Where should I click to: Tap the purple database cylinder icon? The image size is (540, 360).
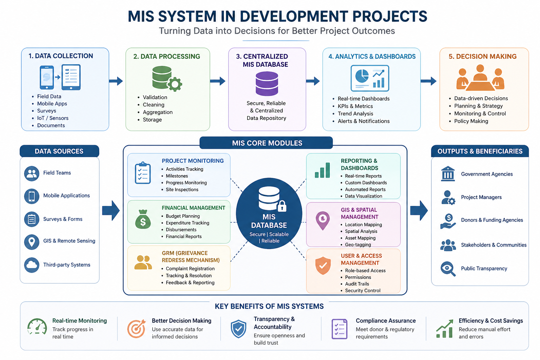[x=267, y=84]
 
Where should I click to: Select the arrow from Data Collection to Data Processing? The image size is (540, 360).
[x=116, y=81]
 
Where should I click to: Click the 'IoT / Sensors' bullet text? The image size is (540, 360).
[x=53, y=118]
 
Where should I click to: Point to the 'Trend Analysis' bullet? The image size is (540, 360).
[x=355, y=114]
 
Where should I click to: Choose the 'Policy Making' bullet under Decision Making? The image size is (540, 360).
[x=471, y=121]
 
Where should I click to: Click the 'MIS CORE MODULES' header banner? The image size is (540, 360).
[x=266, y=143]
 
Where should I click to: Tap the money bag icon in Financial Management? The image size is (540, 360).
[x=143, y=219]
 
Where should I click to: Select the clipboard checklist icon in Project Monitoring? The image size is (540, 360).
[x=143, y=173]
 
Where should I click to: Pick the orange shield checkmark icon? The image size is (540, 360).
[x=323, y=265]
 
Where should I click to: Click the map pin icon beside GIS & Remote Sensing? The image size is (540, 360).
[x=32, y=242]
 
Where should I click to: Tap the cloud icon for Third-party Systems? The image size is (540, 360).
[x=32, y=265]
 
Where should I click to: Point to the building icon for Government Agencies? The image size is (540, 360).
[x=448, y=174]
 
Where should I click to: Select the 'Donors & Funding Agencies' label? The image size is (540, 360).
[x=492, y=220]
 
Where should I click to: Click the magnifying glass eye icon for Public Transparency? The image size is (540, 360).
[x=448, y=269]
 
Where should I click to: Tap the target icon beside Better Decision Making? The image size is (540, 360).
[x=136, y=329]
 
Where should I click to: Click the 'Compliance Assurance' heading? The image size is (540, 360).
[x=386, y=321]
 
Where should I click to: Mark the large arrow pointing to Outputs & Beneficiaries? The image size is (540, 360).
[x=419, y=211]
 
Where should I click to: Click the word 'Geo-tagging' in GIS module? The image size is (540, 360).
[x=358, y=245]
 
